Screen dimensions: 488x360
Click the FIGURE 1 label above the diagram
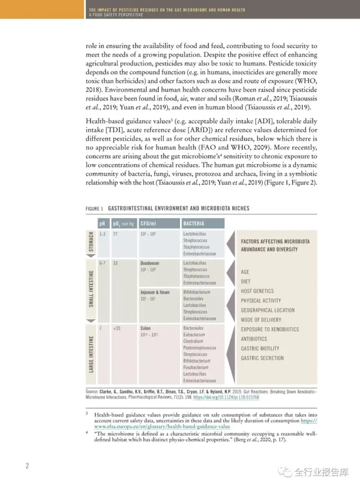(x=94, y=209)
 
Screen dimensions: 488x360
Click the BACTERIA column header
(x=194, y=224)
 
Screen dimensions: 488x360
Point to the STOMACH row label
(x=92, y=242)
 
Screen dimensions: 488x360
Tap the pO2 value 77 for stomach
(x=116, y=234)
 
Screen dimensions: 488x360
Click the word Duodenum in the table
(x=150, y=263)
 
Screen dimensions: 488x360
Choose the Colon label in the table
(x=146, y=328)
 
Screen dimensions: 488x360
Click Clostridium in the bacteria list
(x=194, y=341)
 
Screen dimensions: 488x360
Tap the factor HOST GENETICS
(x=257, y=291)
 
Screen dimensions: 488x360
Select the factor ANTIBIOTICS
(x=254, y=339)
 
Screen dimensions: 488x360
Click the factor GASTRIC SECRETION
(x=262, y=358)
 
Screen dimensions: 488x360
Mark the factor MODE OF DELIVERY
(x=261, y=320)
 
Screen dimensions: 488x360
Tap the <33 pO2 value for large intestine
(x=117, y=328)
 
